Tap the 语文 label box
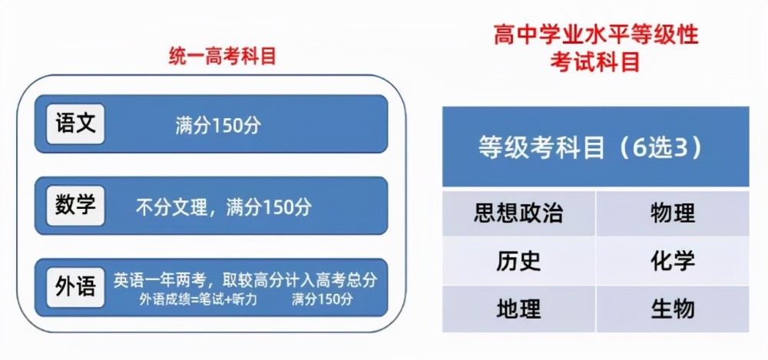[x=75, y=124]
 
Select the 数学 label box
[x=75, y=206]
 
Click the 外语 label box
[x=75, y=287]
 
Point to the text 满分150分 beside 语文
[x=217, y=126]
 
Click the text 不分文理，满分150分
[x=223, y=207]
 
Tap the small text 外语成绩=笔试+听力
[x=198, y=299]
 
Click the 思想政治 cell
[x=518, y=213]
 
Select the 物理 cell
[x=672, y=213]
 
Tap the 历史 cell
[x=518, y=261]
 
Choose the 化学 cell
[x=672, y=261]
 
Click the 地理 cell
[x=518, y=309]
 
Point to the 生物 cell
[x=672, y=309]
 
